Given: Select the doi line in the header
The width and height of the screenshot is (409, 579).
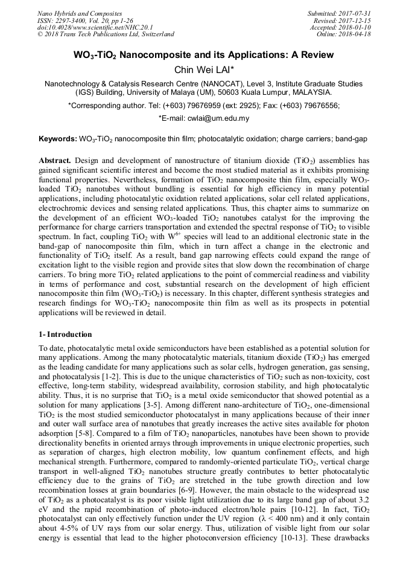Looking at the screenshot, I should [x=88, y=27].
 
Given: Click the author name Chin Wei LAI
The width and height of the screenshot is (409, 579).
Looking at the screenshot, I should [x=204, y=70].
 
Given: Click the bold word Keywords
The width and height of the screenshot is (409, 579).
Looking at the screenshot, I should [x=58, y=139].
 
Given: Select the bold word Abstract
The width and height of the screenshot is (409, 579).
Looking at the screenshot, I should [x=55, y=161].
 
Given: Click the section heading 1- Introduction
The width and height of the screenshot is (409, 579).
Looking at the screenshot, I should [x=65, y=334].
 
